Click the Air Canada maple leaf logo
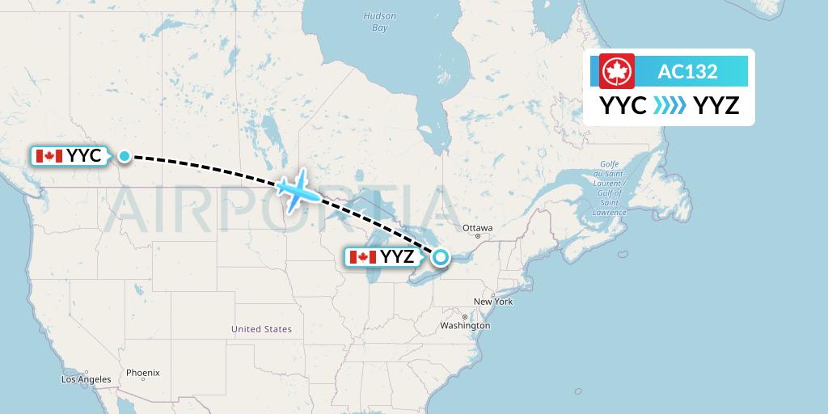pyautogui.click(x=617, y=71)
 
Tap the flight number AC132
pyautogui.click(x=687, y=71)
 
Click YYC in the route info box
pyautogui.click(x=623, y=105)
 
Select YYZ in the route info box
pyautogui.click(x=716, y=105)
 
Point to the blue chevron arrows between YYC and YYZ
pyautogui.click(x=670, y=105)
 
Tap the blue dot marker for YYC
pyautogui.click(x=125, y=156)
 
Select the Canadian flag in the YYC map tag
pyautogui.click(x=49, y=156)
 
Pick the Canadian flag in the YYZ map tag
pyautogui.click(x=363, y=257)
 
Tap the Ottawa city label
pyautogui.click(x=478, y=228)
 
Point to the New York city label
pyautogui.click(x=493, y=302)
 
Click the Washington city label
pyautogui.click(x=467, y=325)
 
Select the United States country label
pyautogui.click(x=261, y=329)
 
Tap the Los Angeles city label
pyautogui.click(x=86, y=379)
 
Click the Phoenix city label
pyautogui.click(x=142, y=373)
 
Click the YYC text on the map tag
pyautogui.click(x=84, y=156)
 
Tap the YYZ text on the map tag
pyautogui.click(x=397, y=257)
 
